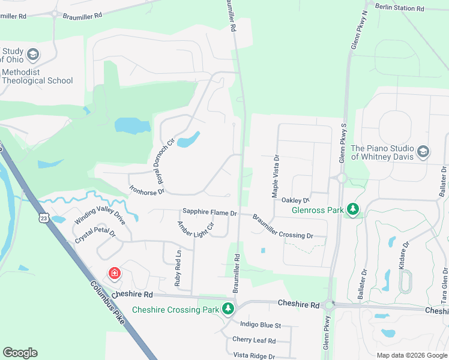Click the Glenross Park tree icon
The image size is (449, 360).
tap(354, 209)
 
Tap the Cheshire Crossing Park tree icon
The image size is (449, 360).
tap(228, 309)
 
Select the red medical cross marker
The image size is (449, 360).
tap(113, 274)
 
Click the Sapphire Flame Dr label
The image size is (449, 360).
tap(210, 212)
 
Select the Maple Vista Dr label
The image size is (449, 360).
tap(276, 177)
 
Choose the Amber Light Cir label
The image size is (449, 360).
tap(195, 229)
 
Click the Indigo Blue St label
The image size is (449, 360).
tap(261, 325)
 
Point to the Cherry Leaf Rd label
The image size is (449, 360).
tap(254, 340)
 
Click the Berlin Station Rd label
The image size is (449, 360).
tap(399, 8)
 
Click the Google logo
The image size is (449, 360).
tap(20, 353)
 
